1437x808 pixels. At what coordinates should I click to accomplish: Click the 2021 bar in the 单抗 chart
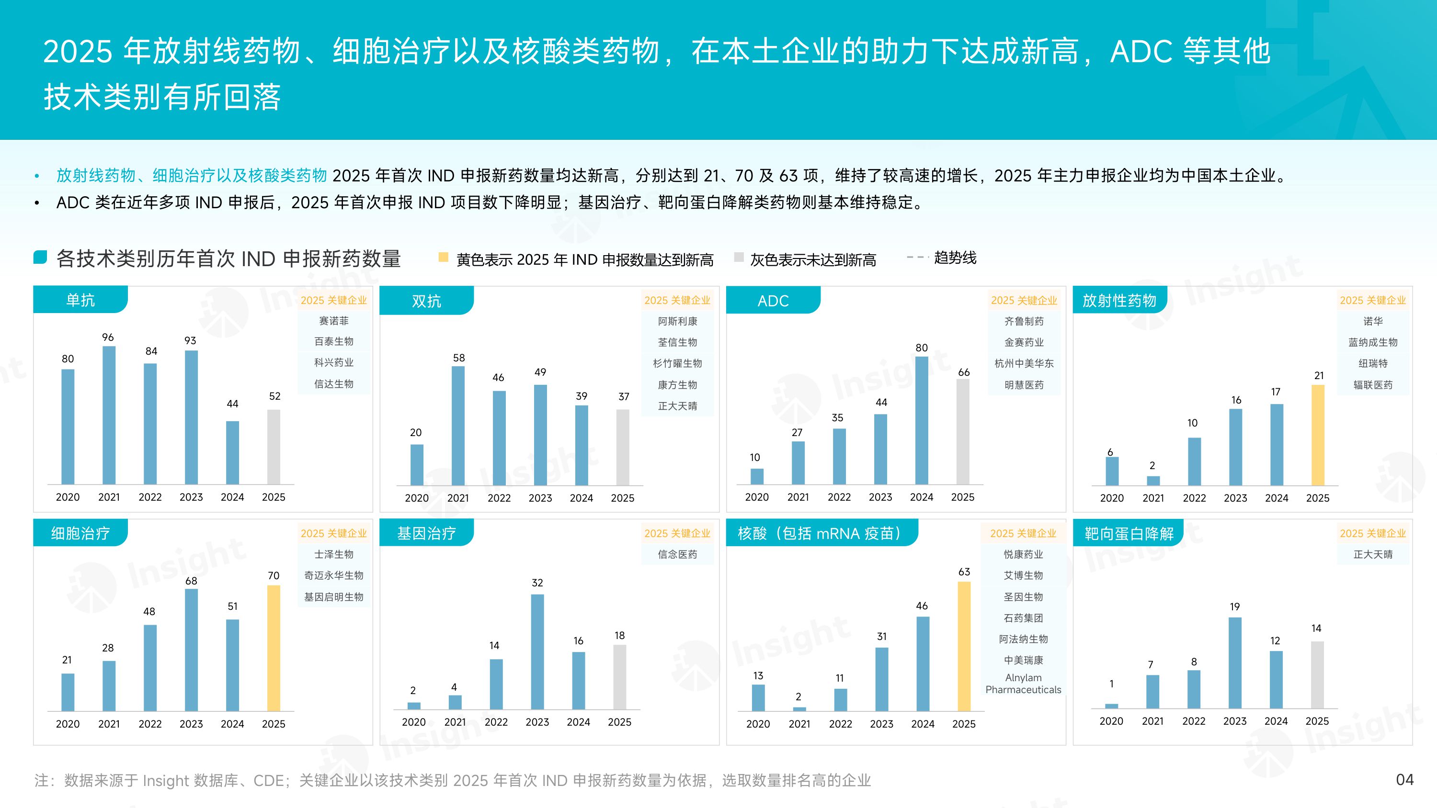pos(109,415)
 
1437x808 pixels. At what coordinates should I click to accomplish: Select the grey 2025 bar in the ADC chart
pos(963,432)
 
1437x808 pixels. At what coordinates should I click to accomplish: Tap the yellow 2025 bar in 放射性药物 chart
pos(1318,435)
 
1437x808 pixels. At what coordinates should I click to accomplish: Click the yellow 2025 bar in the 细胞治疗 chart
pos(274,648)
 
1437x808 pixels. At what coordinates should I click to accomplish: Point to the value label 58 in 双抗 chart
pos(458,358)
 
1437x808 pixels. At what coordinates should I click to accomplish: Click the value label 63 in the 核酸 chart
pos(964,572)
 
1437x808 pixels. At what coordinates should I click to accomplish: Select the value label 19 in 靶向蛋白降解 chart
pos(1234,606)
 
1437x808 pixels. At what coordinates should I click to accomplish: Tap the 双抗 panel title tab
pos(426,301)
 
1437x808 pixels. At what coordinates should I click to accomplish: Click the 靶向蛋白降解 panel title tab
pos(1129,534)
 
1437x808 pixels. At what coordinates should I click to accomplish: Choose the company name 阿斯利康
pos(677,321)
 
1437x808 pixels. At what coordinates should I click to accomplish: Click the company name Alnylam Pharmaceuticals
pos(1023,684)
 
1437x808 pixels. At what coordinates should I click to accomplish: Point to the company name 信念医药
pos(677,554)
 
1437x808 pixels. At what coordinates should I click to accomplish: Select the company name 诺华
pos(1373,321)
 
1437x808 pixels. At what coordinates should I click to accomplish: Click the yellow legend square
pos(444,257)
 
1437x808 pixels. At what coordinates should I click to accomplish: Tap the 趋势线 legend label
pos(955,258)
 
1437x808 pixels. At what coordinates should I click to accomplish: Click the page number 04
pos(1404,780)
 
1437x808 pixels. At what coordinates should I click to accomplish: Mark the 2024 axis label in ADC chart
pos(922,497)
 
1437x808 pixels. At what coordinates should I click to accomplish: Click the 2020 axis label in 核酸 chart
pos(758,724)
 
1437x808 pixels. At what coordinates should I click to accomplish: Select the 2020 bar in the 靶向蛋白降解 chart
pos(1111,706)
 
